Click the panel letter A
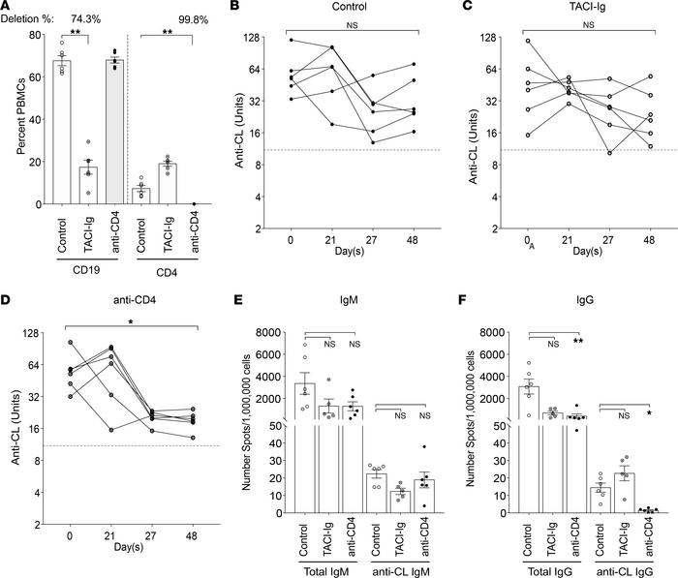click(x=9, y=8)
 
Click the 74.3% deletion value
click(x=89, y=19)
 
